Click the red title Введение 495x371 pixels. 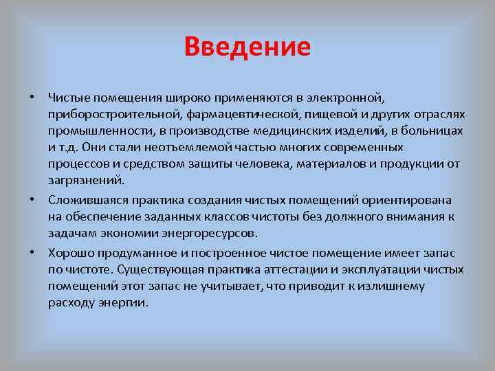click(x=247, y=47)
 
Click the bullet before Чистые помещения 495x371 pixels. click(x=32, y=95)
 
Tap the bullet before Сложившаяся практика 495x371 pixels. click(x=32, y=199)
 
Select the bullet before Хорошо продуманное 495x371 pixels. click(x=32, y=251)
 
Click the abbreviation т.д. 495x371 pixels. click(x=67, y=148)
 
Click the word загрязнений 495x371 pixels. click(x=86, y=182)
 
